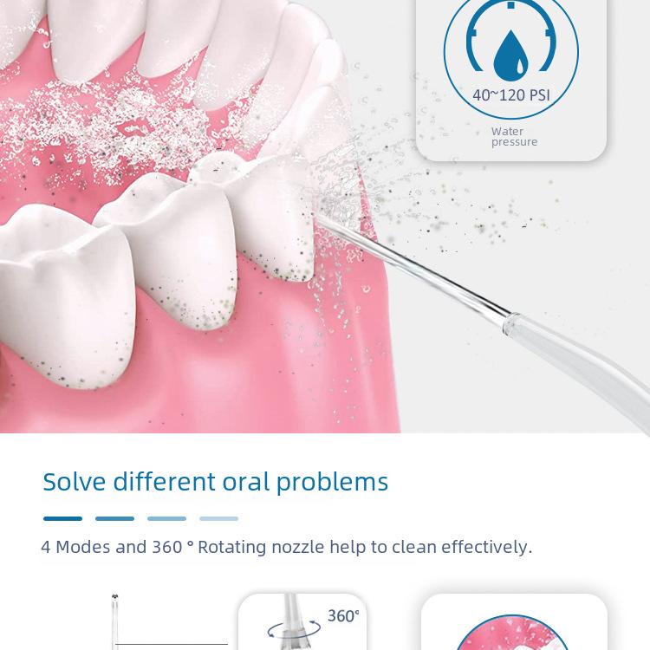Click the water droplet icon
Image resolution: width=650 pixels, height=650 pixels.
point(510,57)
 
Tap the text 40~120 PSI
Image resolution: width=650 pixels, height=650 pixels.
point(511,95)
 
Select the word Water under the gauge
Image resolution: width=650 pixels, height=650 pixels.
point(507,132)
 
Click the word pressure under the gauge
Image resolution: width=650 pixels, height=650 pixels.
point(515,142)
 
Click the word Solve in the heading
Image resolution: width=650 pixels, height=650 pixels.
point(75,482)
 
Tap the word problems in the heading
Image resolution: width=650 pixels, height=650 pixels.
point(332,483)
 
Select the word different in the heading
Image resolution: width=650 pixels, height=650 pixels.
point(164,482)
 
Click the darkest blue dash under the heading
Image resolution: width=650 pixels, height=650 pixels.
point(62,518)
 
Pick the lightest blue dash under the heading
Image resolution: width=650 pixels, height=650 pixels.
point(219,518)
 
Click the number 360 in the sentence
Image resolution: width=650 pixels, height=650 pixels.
point(167,547)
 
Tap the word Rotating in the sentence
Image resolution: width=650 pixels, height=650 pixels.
point(231,548)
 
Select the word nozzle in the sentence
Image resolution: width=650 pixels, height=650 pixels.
point(297,547)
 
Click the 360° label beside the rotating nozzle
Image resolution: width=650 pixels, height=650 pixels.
point(343,616)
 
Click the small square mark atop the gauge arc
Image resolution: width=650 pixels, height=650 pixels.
point(511,5)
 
